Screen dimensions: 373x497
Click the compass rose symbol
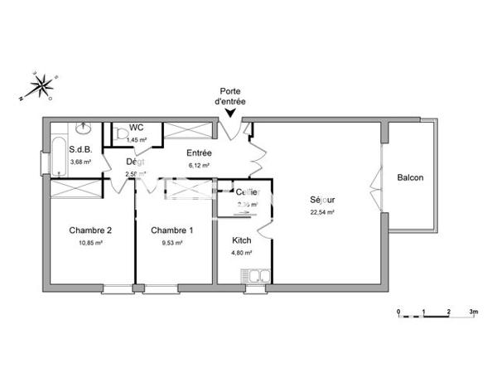pyautogui.click(x=37, y=86)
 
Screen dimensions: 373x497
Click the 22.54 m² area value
pyautogui.click(x=322, y=212)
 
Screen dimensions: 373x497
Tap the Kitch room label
pyautogui.click(x=242, y=240)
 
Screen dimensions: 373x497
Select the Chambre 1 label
pyautogui.click(x=171, y=230)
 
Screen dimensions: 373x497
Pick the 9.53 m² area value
pyautogui.click(x=171, y=243)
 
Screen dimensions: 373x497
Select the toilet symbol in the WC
pyautogui.click(x=120, y=133)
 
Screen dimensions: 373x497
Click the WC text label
pyautogui.click(x=137, y=128)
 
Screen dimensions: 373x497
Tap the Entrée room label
pyautogui.click(x=199, y=153)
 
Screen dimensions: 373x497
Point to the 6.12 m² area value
pyautogui.click(x=199, y=165)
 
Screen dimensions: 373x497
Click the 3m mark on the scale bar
pyautogui.click(x=473, y=312)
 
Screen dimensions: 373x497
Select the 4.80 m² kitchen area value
pyautogui.click(x=242, y=253)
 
